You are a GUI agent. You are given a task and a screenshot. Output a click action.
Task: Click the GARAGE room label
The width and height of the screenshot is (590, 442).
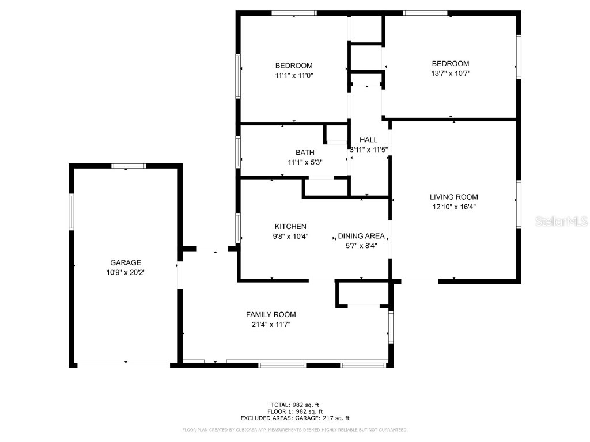point(126,263)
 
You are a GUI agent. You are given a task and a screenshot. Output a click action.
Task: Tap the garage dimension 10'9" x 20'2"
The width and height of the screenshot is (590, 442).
point(126,273)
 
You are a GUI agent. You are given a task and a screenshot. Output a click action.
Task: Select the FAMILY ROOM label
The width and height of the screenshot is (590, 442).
point(271,314)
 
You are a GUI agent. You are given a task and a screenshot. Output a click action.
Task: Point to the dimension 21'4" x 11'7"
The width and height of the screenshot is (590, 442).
point(271,325)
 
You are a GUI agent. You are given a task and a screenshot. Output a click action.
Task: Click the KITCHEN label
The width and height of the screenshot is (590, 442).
point(290,227)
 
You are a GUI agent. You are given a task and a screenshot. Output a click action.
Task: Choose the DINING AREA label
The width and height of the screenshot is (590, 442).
point(361,236)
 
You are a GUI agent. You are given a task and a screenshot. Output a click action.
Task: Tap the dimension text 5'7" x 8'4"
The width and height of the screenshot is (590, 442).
point(361,246)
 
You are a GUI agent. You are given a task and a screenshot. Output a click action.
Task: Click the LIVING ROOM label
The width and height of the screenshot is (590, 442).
point(453,197)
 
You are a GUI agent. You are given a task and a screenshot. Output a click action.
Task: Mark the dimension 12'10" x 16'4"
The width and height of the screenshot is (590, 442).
point(453,207)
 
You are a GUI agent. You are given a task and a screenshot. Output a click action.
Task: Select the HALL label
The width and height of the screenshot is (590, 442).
point(369,140)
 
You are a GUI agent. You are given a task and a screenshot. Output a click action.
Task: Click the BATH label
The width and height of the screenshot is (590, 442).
point(305,153)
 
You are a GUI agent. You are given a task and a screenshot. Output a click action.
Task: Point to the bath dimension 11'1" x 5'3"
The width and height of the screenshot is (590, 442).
point(305,162)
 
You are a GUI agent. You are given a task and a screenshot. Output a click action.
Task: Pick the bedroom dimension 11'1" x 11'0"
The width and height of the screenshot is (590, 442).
point(294,75)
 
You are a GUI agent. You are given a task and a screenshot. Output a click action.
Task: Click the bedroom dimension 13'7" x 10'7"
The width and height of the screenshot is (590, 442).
point(451,73)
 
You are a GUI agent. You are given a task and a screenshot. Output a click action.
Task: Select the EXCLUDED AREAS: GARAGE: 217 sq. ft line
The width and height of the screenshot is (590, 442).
point(295,418)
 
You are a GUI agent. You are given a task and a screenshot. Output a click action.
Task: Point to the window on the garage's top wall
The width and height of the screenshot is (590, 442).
point(128,166)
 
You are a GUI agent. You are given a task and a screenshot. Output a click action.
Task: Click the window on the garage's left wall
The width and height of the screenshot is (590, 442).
point(72,212)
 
